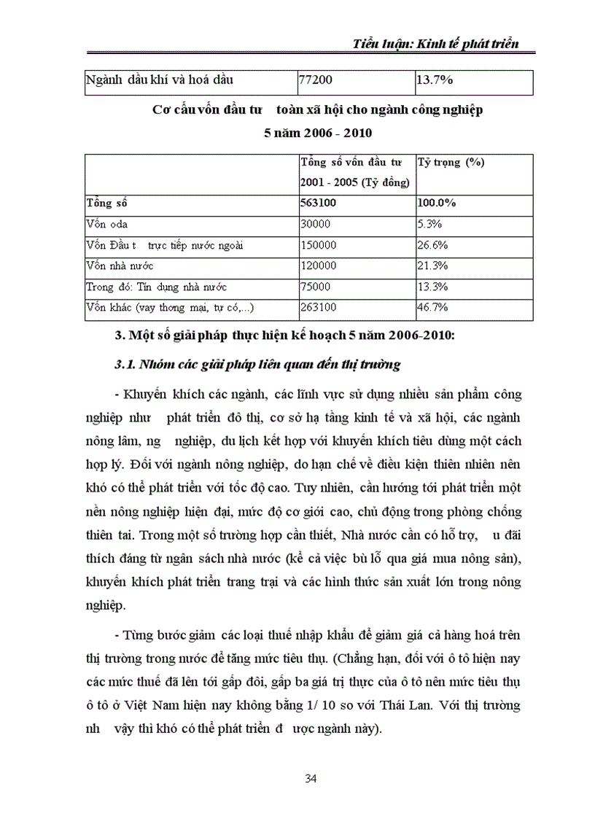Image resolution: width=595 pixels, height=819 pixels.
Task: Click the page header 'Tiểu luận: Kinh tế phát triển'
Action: pyautogui.click(x=435, y=43)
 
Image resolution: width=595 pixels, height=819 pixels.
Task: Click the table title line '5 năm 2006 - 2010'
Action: pyautogui.click(x=317, y=133)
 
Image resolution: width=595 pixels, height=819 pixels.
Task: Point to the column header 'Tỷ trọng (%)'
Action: pyautogui.click(x=451, y=163)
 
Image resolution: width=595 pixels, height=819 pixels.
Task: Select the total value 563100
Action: pyautogui.click(x=320, y=203)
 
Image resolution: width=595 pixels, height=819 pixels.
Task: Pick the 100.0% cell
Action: pyautogui.click(x=437, y=203)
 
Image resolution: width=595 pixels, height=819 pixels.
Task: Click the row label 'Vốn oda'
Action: pyautogui.click(x=106, y=224)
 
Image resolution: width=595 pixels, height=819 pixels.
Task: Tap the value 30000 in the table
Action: pyautogui.click(x=316, y=224)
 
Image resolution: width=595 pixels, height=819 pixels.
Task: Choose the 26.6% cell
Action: pyautogui.click(x=432, y=245)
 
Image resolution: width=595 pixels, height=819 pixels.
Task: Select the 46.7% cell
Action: pyautogui.click(x=432, y=308)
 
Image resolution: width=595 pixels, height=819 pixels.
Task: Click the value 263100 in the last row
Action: pyautogui.click(x=319, y=308)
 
